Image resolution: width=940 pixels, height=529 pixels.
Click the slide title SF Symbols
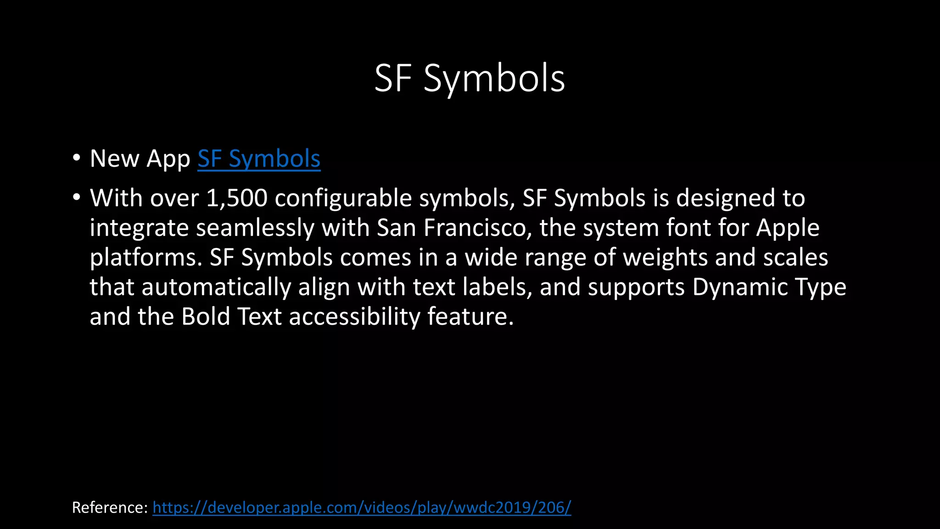click(470, 79)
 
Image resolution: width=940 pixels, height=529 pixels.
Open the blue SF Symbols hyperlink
click(259, 159)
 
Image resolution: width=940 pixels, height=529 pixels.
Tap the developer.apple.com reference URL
click(362, 507)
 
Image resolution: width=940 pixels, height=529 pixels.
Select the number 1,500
click(237, 198)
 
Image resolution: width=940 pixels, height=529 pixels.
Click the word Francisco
click(477, 228)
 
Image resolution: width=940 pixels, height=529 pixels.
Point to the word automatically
click(216, 288)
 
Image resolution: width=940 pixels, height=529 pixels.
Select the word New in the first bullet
click(114, 159)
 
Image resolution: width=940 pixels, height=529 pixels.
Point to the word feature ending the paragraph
click(470, 317)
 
